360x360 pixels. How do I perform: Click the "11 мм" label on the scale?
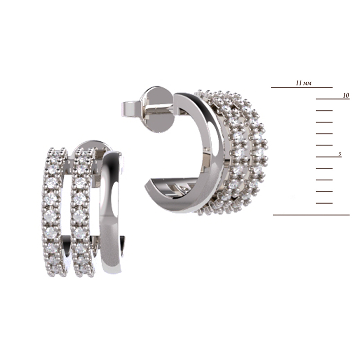[x=303, y=83]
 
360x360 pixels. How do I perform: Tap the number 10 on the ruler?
[x=346, y=95]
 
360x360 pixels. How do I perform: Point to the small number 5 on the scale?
[x=340, y=154]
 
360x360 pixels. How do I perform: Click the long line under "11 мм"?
[x=302, y=87]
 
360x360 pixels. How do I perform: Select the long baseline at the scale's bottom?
[x=311, y=215]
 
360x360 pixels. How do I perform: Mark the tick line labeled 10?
[x=333, y=99]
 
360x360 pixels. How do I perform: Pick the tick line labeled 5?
[x=329, y=157]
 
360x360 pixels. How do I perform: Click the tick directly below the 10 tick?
[x=324, y=111]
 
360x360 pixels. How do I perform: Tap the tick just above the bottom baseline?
[x=324, y=203]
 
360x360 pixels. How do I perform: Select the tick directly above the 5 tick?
[x=324, y=145]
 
